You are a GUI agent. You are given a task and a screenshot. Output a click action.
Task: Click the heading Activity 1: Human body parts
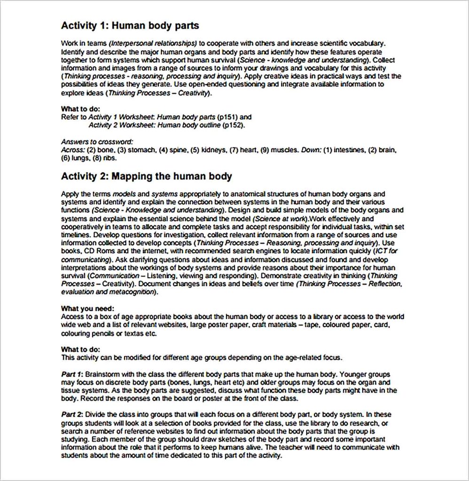[x=130, y=25]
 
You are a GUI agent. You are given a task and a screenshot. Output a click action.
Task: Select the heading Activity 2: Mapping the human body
[x=146, y=176]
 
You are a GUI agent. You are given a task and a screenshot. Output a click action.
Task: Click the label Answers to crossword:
[x=97, y=141]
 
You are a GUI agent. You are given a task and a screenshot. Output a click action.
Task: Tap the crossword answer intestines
[x=350, y=150]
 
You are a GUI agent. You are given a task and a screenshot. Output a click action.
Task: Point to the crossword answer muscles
[x=283, y=150]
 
